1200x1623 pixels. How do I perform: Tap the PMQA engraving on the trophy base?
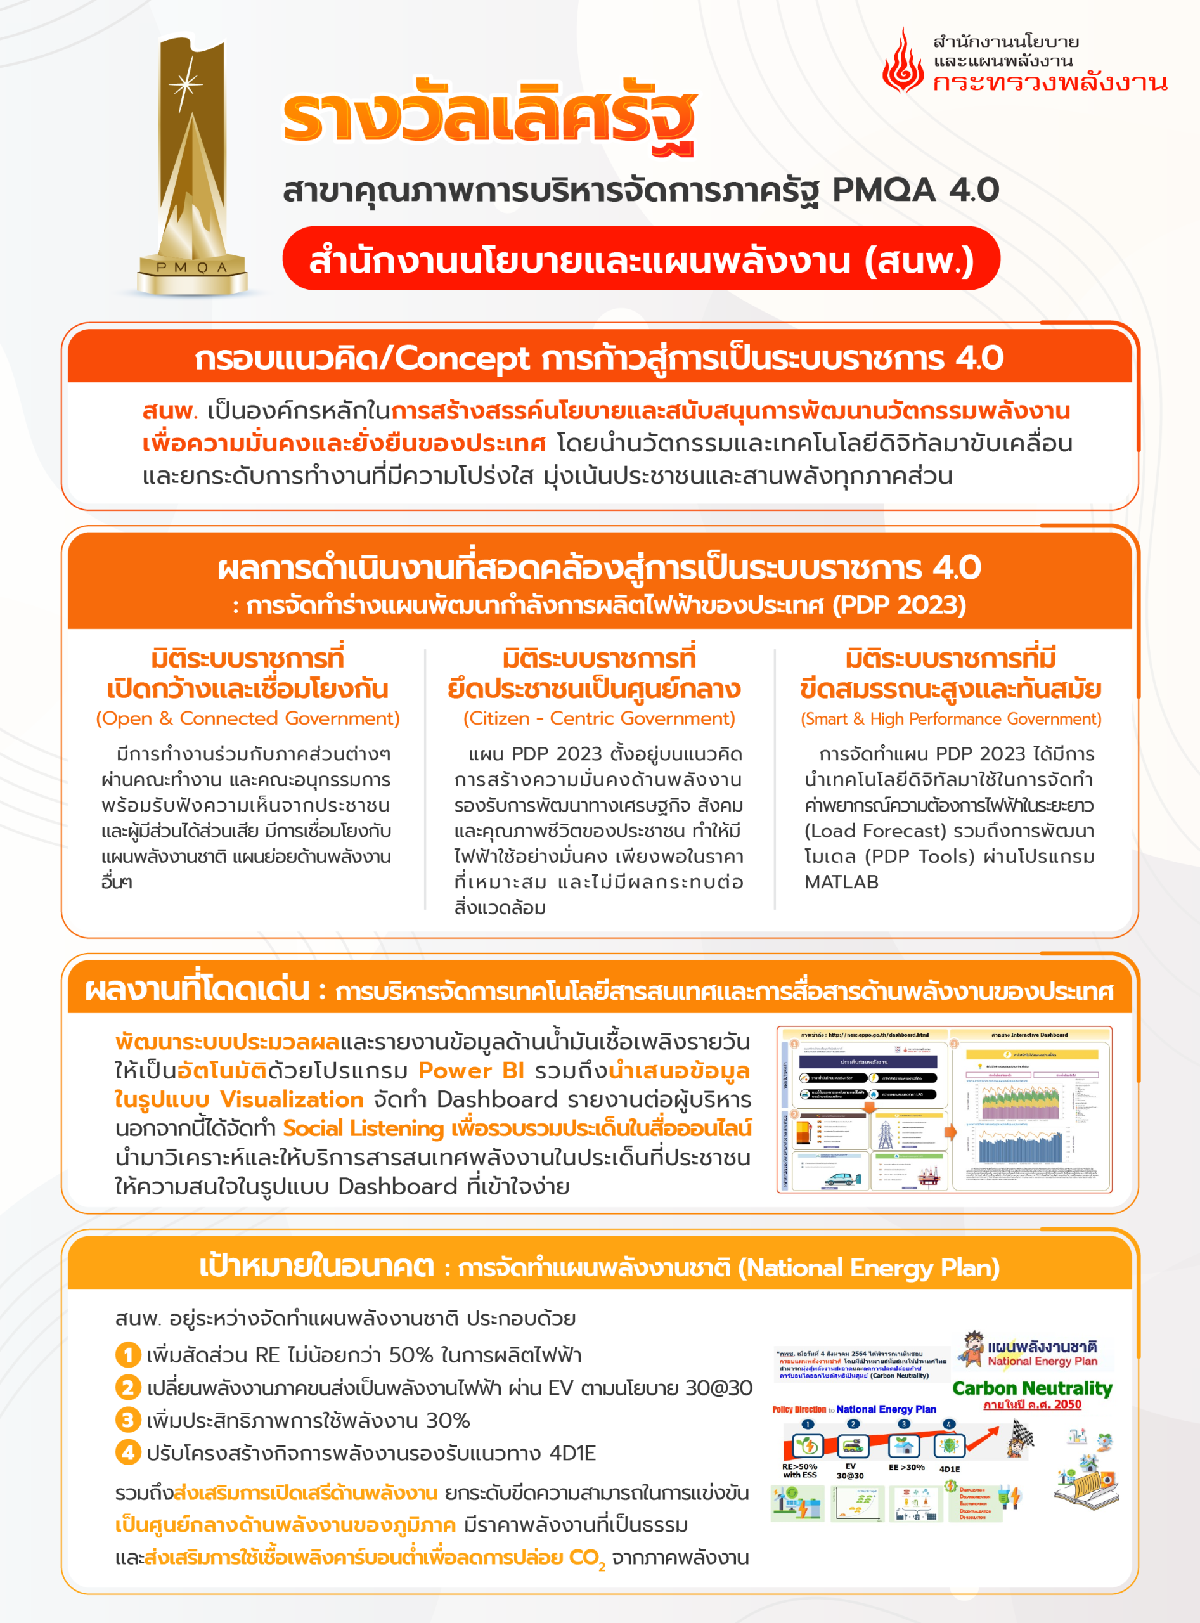click(192, 268)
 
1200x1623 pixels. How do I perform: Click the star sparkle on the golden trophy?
click(186, 84)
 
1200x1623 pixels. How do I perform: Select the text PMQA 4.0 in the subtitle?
click(915, 190)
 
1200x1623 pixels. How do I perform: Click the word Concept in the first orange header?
click(462, 358)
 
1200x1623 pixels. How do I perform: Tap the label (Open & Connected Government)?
click(248, 718)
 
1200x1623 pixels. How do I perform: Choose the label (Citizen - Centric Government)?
click(599, 718)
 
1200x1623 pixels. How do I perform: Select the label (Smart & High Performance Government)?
click(951, 718)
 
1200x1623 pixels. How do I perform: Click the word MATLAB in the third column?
click(841, 882)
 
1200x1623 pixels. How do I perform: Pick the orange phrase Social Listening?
click(363, 1128)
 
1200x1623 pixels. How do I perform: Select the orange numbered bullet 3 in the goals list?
click(127, 1419)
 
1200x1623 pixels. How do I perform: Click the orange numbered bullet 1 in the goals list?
click(127, 1355)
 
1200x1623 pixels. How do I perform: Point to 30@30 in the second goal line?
click(718, 1388)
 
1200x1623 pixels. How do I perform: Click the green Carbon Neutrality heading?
click(1032, 1388)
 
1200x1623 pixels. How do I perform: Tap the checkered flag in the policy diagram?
click(1021, 1439)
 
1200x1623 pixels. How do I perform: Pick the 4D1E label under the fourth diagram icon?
click(950, 1469)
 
